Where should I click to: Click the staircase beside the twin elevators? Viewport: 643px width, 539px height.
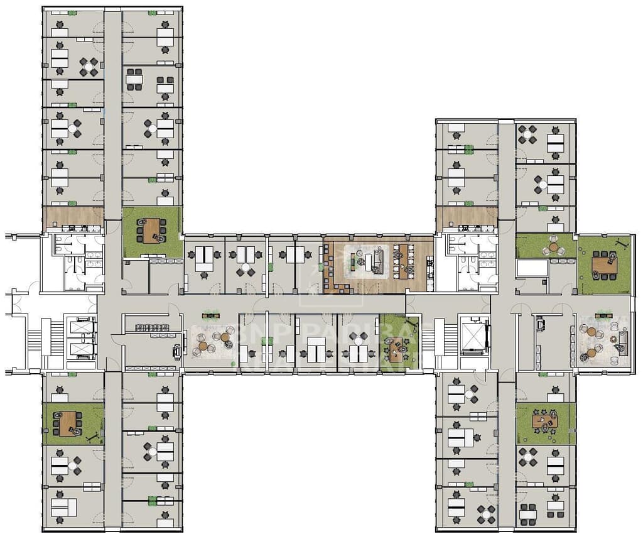tap(46, 342)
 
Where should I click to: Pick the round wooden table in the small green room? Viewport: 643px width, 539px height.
tap(553, 247)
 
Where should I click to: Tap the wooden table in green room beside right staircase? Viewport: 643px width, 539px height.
tap(396, 349)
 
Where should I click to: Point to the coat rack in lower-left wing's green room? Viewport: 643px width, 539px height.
tap(94, 434)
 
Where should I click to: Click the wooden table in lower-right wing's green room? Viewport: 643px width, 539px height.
tap(544, 420)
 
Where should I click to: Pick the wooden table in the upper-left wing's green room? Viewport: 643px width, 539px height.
tap(151, 230)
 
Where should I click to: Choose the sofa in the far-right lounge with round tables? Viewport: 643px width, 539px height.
tap(623, 343)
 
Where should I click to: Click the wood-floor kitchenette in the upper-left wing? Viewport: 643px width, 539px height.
tap(73, 217)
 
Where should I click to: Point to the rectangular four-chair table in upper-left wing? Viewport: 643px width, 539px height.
tap(134, 80)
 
